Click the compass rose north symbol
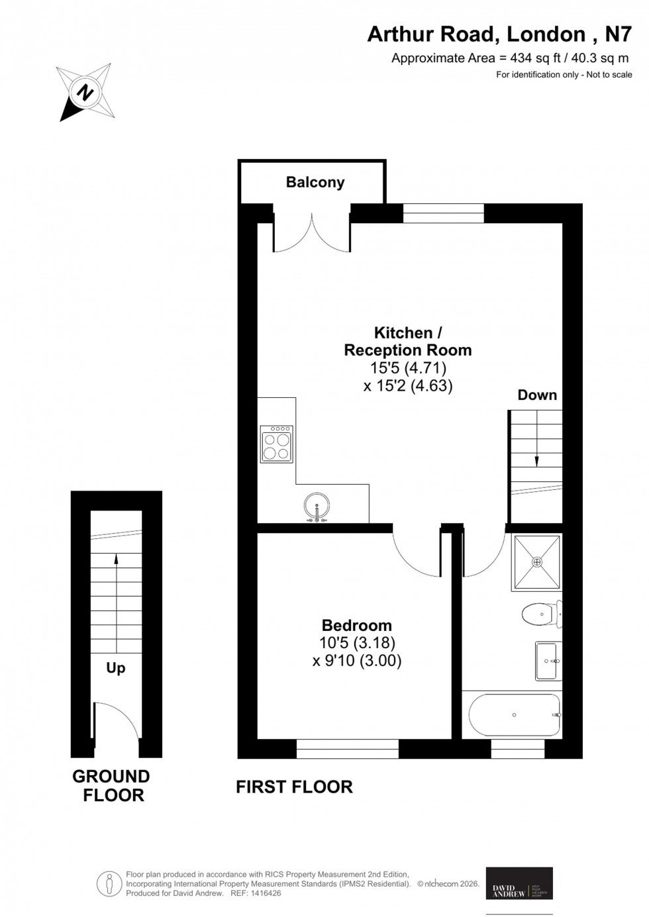(x=85, y=93)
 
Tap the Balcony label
(x=315, y=182)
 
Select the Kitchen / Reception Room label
(x=408, y=341)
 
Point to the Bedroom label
(x=356, y=625)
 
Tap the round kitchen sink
(x=318, y=507)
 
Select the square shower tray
(x=536, y=562)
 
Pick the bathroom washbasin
(x=548, y=661)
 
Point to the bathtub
(x=515, y=715)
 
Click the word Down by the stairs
(x=537, y=395)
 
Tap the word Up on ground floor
(x=116, y=668)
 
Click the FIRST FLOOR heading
(x=295, y=787)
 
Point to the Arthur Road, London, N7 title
(x=499, y=34)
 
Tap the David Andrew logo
(x=519, y=883)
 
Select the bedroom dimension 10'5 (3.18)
(x=357, y=642)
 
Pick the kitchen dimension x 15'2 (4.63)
(x=408, y=385)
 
